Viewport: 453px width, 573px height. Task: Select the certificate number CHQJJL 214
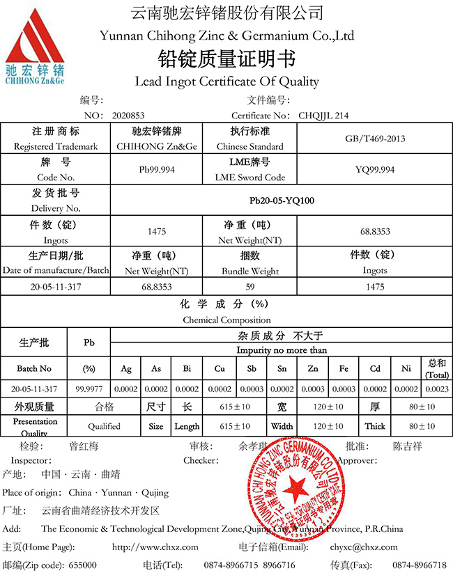tap(323, 116)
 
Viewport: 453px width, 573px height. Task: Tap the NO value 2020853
tap(128, 116)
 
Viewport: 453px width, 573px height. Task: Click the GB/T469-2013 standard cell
tap(375, 139)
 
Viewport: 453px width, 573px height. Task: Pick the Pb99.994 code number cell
tap(157, 169)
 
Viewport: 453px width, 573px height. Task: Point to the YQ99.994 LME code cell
tap(375, 169)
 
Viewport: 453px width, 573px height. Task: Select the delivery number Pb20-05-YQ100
tap(282, 201)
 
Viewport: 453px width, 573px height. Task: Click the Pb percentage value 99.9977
tap(89, 389)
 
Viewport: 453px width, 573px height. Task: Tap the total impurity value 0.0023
tap(437, 389)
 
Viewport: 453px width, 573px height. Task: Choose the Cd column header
tap(375, 368)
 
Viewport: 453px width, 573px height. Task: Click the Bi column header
tap(187, 368)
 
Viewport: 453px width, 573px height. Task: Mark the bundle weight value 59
tap(250, 286)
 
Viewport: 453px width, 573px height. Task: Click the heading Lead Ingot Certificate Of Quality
tap(227, 81)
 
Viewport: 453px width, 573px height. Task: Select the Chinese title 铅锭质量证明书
tap(227, 58)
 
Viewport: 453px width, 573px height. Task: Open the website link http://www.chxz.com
tap(155, 547)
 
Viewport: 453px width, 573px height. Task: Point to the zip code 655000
tap(82, 565)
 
